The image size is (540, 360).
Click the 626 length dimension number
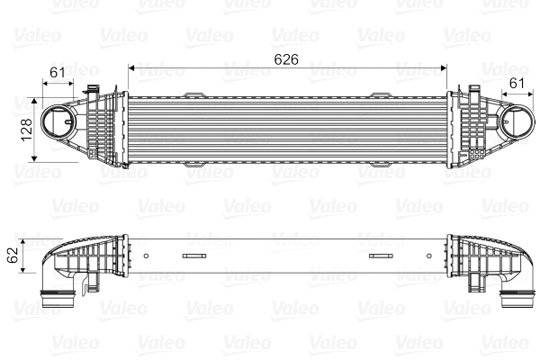point(286,58)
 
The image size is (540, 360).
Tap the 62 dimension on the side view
point(12,255)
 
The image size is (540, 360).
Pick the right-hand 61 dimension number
point(517,83)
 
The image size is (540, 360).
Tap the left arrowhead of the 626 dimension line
point(133,67)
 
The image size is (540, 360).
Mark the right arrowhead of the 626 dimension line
point(445,67)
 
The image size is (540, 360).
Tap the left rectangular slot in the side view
point(193,256)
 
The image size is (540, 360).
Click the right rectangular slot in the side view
point(382,256)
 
